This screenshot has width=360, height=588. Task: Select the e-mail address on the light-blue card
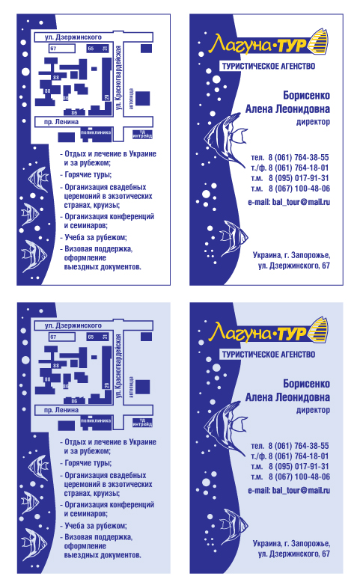(290, 489)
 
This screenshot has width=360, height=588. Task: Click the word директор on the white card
(313, 120)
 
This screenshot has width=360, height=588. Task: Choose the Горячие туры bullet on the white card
(88, 174)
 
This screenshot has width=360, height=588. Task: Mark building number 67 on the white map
(53, 49)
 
